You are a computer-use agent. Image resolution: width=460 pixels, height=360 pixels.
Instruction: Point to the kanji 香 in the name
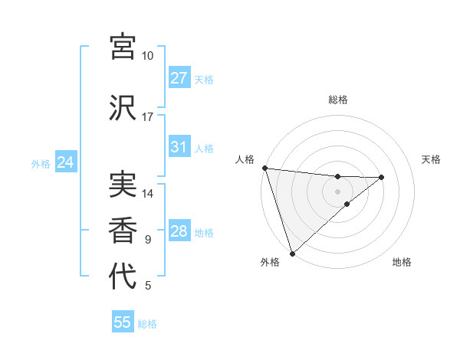coord(123,230)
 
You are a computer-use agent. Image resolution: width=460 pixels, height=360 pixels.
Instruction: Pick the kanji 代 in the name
coord(123,276)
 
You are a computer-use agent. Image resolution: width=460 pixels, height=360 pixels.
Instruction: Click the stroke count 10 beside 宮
coord(148,56)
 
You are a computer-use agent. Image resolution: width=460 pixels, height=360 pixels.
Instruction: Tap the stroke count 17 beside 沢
coord(148,117)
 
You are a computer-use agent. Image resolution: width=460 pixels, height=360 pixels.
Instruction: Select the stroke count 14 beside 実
coord(148,194)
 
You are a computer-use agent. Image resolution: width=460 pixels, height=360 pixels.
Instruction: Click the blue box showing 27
coord(179,78)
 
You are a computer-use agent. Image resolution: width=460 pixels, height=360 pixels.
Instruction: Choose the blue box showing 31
coord(179,147)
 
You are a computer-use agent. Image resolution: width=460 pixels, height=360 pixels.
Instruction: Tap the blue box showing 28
coord(179,231)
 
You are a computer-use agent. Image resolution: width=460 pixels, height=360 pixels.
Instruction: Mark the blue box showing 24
coord(65,162)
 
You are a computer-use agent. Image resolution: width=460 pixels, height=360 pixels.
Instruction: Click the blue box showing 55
coord(123,322)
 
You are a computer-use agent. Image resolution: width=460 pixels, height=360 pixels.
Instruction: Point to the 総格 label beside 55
coord(147,324)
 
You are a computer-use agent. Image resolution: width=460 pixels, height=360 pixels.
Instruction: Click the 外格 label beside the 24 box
coord(41,164)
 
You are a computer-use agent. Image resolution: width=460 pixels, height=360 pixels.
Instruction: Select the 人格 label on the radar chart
coord(245,159)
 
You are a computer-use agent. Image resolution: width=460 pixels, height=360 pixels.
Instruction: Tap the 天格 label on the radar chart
coord(432,159)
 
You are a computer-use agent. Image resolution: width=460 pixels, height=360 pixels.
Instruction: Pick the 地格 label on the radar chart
coord(402,262)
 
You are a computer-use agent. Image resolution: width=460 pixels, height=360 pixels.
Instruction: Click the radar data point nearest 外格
coord(291,252)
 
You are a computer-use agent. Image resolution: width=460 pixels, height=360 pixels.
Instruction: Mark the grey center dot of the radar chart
coord(337,191)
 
